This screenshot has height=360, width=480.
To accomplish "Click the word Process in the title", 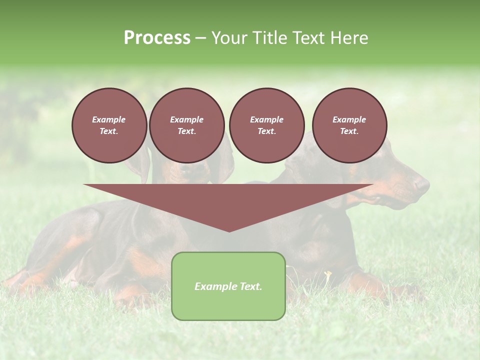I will (x=157, y=38).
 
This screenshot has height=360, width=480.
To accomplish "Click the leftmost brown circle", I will (x=109, y=125).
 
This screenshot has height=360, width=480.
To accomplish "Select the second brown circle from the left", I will (x=186, y=125).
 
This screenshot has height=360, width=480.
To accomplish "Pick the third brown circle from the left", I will (x=266, y=125).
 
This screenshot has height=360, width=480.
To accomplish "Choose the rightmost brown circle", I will (x=349, y=125).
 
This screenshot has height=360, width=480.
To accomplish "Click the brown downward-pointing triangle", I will (x=228, y=200).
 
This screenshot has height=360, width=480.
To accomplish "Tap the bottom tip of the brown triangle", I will (x=229, y=230).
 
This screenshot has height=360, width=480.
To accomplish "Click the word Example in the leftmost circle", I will (x=109, y=119).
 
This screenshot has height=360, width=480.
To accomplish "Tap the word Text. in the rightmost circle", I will (x=349, y=131).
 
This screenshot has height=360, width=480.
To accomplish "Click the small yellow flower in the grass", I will (x=328, y=273).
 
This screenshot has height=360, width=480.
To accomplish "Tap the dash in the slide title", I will (x=201, y=39).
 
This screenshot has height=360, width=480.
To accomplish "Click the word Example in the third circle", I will (x=266, y=119).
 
